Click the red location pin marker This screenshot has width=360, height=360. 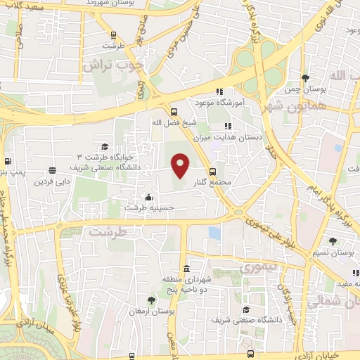coord(181,165)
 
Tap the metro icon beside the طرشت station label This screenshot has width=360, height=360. coord(113,34)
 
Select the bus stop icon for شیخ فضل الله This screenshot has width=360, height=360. coord(174,111)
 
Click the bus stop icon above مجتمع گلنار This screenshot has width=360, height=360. coord(212,171)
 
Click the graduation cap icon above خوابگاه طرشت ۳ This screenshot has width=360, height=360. coord(105,146)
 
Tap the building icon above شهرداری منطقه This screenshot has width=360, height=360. coord(186,269)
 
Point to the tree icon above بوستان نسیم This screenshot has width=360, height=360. coord(313,241)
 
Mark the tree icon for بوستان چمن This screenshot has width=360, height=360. coord(304,77)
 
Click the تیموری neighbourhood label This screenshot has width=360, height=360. coord(259,268)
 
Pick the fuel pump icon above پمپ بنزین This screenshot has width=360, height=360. coord(7,161)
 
